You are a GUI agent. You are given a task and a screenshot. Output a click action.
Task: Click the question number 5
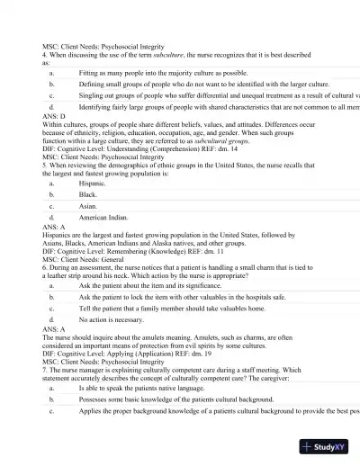45,166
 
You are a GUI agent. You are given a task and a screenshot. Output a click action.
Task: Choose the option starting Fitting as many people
163,71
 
